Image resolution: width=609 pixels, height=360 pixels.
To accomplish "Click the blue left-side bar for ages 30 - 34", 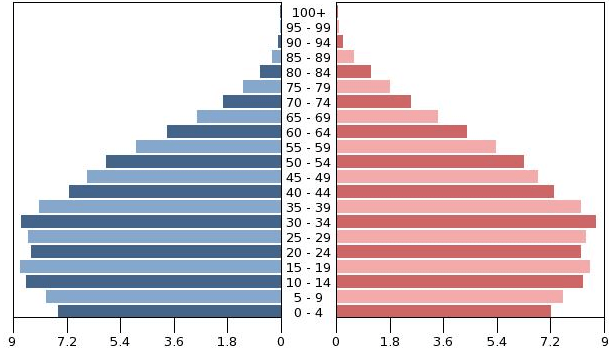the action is [x=151, y=222].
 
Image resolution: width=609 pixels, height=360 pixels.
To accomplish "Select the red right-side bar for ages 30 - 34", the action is [x=466, y=222].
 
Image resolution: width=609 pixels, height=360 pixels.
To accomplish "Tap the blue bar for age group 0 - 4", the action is [x=170, y=311].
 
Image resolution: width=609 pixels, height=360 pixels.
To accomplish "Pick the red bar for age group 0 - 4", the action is [x=444, y=311].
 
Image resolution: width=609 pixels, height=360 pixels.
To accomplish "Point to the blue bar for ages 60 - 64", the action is [x=224, y=132].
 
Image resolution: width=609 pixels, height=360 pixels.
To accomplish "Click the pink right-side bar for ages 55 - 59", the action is [x=416, y=147].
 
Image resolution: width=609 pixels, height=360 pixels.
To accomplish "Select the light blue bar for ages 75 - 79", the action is [x=262, y=87].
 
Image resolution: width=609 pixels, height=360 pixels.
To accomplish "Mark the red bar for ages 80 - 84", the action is [x=354, y=72].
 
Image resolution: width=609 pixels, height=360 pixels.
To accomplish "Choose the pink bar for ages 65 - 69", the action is [x=387, y=117].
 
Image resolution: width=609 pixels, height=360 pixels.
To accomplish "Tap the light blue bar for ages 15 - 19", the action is [x=151, y=267].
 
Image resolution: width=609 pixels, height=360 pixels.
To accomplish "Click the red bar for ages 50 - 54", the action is [x=430, y=162].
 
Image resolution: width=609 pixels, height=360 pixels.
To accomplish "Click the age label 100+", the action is [x=308, y=13].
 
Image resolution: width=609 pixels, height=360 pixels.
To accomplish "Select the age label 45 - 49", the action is [x=308, y=177].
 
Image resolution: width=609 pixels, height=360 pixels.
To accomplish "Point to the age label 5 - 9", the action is [x=308, y=297].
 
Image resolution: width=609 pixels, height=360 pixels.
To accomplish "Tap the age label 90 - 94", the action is [x=308, y=43].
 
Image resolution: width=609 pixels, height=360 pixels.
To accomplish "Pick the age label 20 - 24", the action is [x=308, y=252].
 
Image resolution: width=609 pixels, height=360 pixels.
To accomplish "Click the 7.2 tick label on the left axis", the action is [x=67, y=342].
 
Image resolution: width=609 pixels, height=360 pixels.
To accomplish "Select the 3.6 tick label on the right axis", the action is [x=443, y=342].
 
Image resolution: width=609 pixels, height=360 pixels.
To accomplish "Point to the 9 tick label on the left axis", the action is [x=12, y=342].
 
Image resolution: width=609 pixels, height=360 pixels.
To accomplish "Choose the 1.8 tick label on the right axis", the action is [x=390, y=342].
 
